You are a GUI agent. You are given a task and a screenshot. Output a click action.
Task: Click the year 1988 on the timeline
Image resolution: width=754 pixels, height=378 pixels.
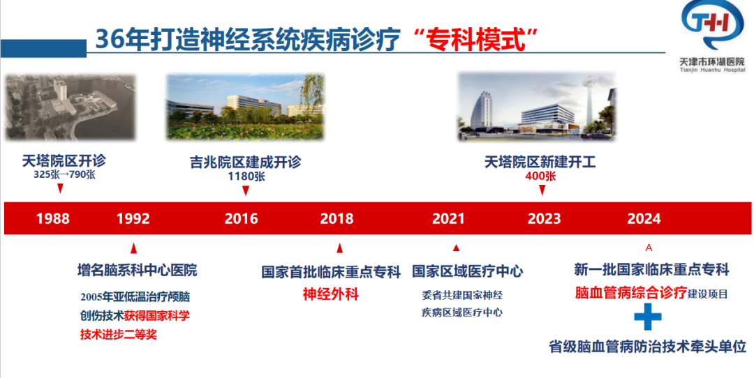(53, 219)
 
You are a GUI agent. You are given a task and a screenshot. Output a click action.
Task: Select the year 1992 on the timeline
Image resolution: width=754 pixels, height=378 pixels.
(133, 219)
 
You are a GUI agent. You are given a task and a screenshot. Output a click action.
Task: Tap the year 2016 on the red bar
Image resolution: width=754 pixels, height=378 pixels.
(242, 219)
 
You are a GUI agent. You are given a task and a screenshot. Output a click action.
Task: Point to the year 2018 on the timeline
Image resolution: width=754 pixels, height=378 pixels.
(337, 219)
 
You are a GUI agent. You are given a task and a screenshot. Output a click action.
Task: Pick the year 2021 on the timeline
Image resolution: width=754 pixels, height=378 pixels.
(448, 219)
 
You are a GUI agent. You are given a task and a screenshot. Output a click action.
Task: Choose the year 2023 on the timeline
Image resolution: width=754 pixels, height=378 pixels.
(545, 219)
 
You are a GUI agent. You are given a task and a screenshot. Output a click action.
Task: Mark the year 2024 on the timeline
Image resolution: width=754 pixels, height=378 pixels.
(644, 219)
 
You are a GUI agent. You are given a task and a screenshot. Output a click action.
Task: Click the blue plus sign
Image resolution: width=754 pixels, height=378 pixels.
(648, 317)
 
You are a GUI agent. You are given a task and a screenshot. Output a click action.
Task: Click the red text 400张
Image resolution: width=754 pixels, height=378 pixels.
(540, 176)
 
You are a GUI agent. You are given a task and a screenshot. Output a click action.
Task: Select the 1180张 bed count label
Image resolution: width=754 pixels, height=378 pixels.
(246, 176)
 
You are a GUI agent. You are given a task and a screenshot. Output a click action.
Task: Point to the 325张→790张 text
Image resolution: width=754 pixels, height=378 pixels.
(64, 175)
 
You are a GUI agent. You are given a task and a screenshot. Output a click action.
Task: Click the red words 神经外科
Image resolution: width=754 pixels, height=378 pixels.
(331, 294)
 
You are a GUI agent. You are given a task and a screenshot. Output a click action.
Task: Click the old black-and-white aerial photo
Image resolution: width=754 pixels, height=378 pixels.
(71, 107)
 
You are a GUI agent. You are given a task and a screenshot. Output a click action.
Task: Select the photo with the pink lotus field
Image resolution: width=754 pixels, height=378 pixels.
(245, 107)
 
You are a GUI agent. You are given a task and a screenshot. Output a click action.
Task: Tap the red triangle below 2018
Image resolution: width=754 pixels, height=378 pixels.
(339, 248)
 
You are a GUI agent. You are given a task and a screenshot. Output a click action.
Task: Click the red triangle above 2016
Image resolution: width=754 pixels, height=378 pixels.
(246, 191)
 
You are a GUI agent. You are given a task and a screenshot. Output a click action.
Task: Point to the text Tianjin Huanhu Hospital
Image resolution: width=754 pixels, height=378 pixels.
(712, 70)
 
